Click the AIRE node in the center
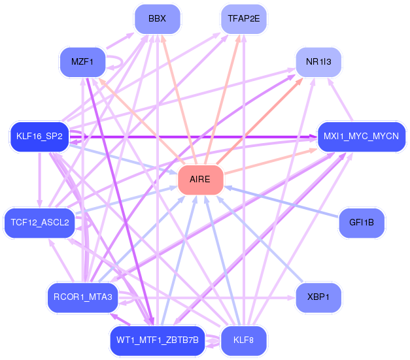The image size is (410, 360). tap(201, 180)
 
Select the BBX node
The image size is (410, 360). tap(157, 19)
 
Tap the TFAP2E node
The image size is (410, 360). tap(243, 19)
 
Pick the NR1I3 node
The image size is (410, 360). tap(318, 63)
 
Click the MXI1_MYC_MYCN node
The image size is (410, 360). tap(361, 137)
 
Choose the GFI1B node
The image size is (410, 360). tap(361, 223)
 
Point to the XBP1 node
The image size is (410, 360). tap(318, 297)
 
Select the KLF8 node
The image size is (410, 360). tap(243, 340)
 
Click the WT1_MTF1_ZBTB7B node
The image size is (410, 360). tap(157, 340)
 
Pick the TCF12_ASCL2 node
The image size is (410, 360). tap(39, 223)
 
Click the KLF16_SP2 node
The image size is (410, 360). tap(39, 137)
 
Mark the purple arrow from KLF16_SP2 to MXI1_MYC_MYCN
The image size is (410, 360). tap(196, 137)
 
